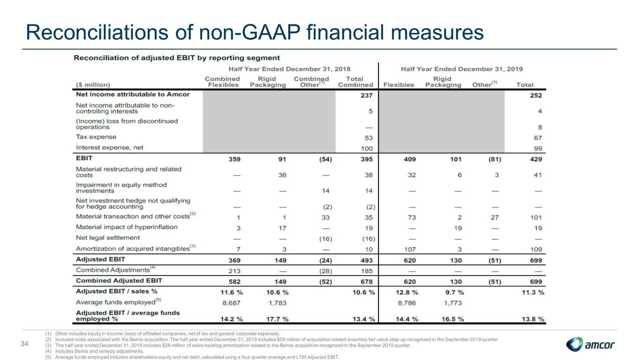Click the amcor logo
click(x=590, y=344)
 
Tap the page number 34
click(x=24, y=344)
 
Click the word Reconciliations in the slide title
click(x=97, y=32)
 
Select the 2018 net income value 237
click(x=367, y=96)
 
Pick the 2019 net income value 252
click(x=536, y=96)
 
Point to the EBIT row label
click(x=84, y=158)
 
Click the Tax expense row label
click(x=96, y=137)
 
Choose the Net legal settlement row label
click(x=108, y=238)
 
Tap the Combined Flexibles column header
click(x=223, y=82)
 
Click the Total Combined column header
click(x=355, y=82)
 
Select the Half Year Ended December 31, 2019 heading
click(x=462, y=69)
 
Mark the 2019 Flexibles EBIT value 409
click(x=410, y=159)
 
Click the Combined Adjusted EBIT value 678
click(x=367, y=282)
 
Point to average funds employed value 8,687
click(x=232, y=303)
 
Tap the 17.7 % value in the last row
click(x=278, y=319)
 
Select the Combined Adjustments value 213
click(x=234, y=271)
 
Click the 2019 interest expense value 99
click(x=538, y=149)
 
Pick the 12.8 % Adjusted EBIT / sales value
click(x=407, y=292)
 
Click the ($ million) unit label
click(x=93, y=85)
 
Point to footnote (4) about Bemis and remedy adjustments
click(x=95, y=351)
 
